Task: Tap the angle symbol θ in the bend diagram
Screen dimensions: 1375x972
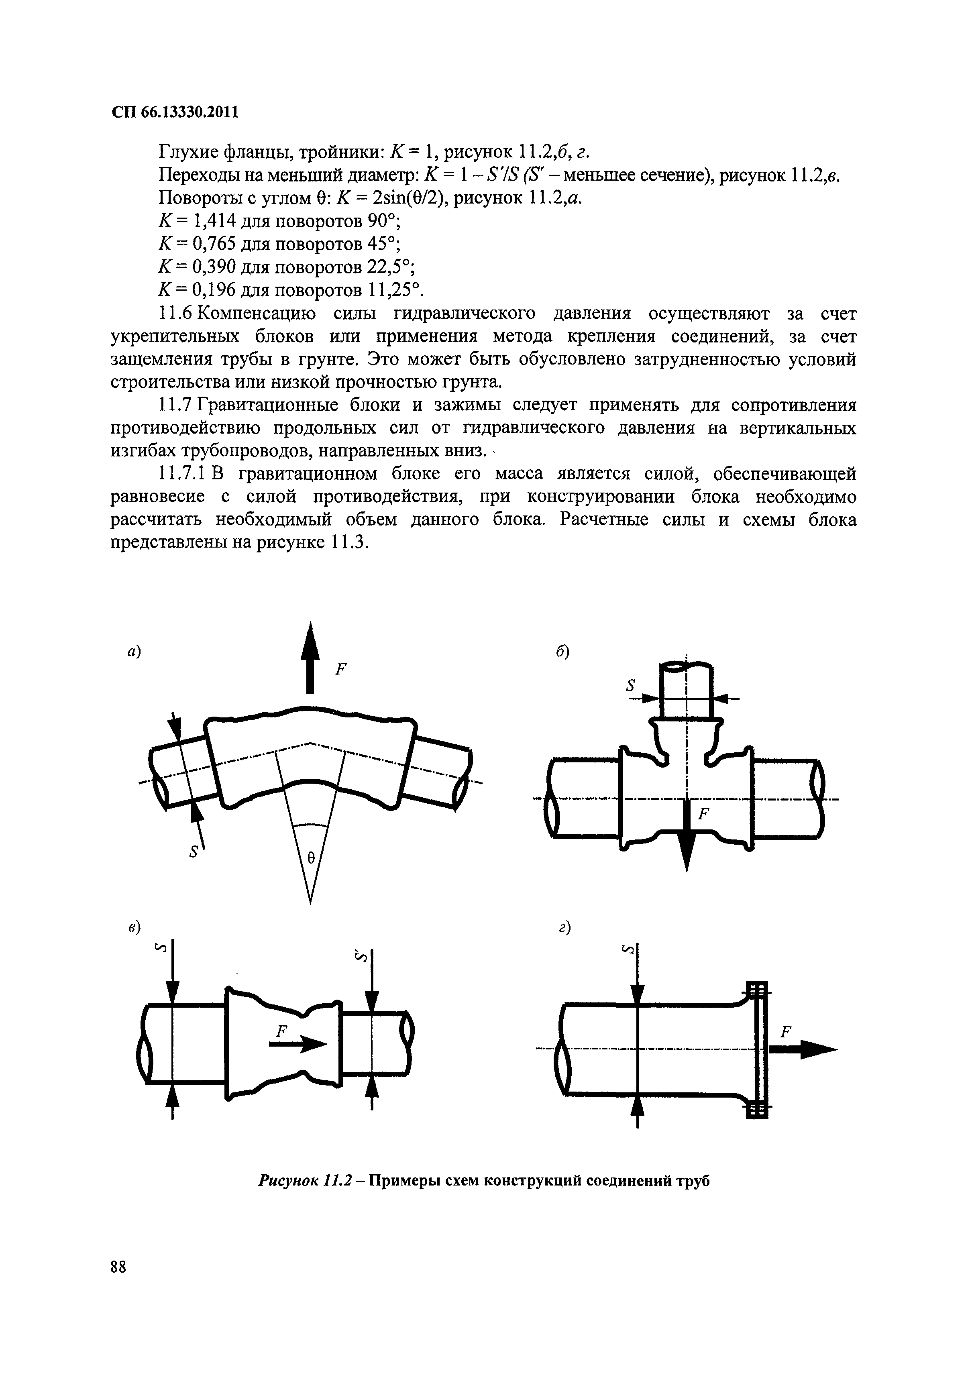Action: (x=310, y=858)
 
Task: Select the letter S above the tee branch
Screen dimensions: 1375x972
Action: (x=630, y=687)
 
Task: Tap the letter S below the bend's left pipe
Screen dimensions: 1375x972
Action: (x=193, y=853)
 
